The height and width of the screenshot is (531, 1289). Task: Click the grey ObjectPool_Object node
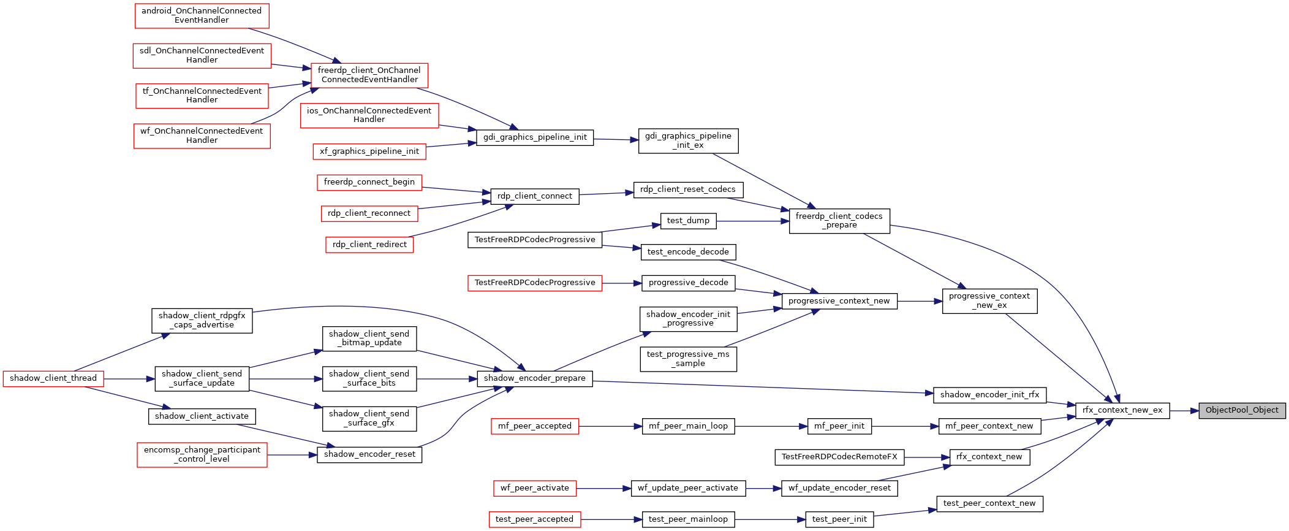(1242, 410)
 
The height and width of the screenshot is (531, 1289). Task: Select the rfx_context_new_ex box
(1122, 410)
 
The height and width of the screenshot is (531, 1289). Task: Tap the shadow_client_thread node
(53, 378)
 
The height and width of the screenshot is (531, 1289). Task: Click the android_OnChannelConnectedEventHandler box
(202, 15)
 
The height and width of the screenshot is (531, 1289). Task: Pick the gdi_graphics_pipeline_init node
(535, 137)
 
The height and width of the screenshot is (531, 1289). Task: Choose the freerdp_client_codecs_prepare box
(839, 221)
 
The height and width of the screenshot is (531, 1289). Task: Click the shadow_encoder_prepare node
(535, 378)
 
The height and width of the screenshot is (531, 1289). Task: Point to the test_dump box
(688, 221)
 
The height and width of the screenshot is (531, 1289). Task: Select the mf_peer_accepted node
(535, 426)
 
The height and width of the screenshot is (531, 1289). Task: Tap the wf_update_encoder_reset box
(839, 488)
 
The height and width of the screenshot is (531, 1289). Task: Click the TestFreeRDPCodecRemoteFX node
(839, 457)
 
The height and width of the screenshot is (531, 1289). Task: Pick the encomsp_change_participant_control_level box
(202, 455)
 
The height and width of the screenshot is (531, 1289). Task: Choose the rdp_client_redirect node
(369, 245)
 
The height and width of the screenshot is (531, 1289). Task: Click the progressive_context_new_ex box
(989, 301)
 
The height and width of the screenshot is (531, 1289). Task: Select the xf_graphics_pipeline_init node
(369, 151)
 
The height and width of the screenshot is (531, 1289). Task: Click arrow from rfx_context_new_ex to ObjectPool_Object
(1184, 410)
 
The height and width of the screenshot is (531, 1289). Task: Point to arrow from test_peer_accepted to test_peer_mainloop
(611, 519)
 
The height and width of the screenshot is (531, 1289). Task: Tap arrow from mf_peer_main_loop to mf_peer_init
(771, 426)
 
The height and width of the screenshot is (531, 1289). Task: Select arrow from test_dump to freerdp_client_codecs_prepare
(752, 221)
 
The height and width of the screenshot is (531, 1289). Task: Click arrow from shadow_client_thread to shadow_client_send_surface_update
(129, 379)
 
